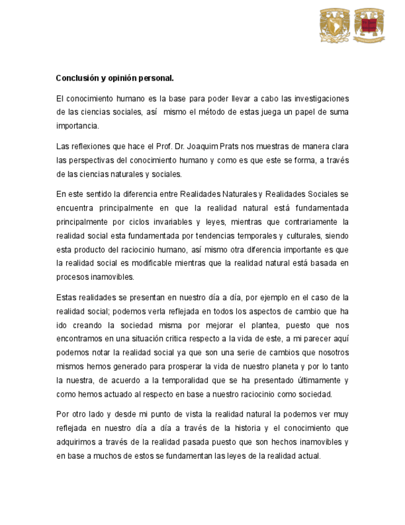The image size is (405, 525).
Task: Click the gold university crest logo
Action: [335, 25]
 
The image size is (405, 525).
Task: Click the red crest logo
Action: [369, 25]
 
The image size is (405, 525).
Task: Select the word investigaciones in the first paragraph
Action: [318, 98]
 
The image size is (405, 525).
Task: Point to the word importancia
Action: [77, 126]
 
